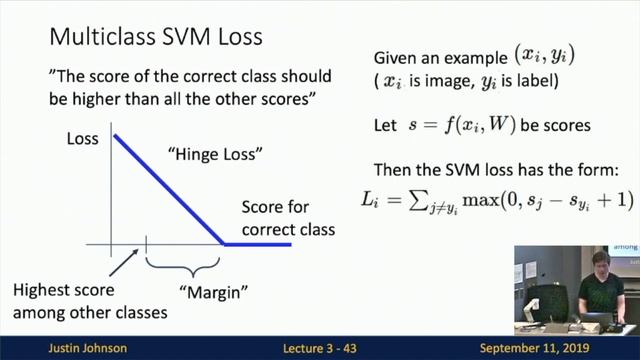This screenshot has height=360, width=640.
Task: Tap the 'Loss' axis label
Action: point(82,139)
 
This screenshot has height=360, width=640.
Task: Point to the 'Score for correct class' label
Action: point(288,219)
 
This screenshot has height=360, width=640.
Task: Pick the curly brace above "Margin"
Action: point(183,266)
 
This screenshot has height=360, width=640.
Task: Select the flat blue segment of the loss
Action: point(257,244)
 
